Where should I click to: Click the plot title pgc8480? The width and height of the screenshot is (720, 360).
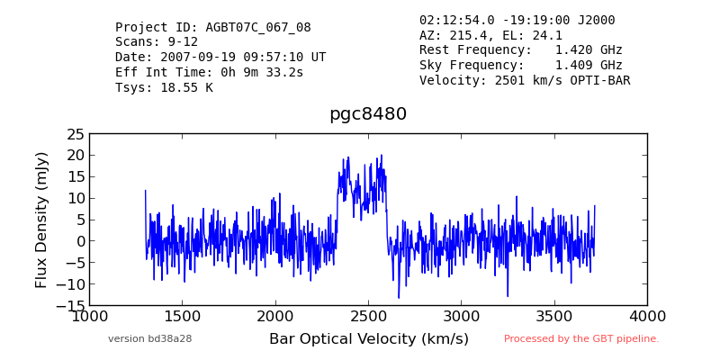pyautogui.click(x=368, y=114)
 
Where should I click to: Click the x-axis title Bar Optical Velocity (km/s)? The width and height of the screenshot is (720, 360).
pyautogui.click(x=369, y=339)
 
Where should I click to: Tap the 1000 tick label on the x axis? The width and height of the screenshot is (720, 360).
pyautogui.click(x=89, y=317)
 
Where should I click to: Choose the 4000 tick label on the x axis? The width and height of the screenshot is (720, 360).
pyautogui.click(x=647, y=317)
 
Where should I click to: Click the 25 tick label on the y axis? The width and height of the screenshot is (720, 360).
pyautogui.click(x=76, y=134)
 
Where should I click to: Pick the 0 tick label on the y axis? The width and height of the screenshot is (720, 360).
pyautogui.click(x=80, y=241)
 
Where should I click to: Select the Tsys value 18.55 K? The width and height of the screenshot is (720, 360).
pyautogui.click(x=186, y=87)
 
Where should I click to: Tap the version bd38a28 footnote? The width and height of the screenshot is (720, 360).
pyautogui.click(x=149, y=339)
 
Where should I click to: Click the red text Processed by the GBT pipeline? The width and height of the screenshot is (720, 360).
pyautogui.click(x=581, y=339)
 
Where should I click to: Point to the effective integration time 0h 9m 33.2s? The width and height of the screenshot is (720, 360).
pyautogui.click(x=262, y=73)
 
